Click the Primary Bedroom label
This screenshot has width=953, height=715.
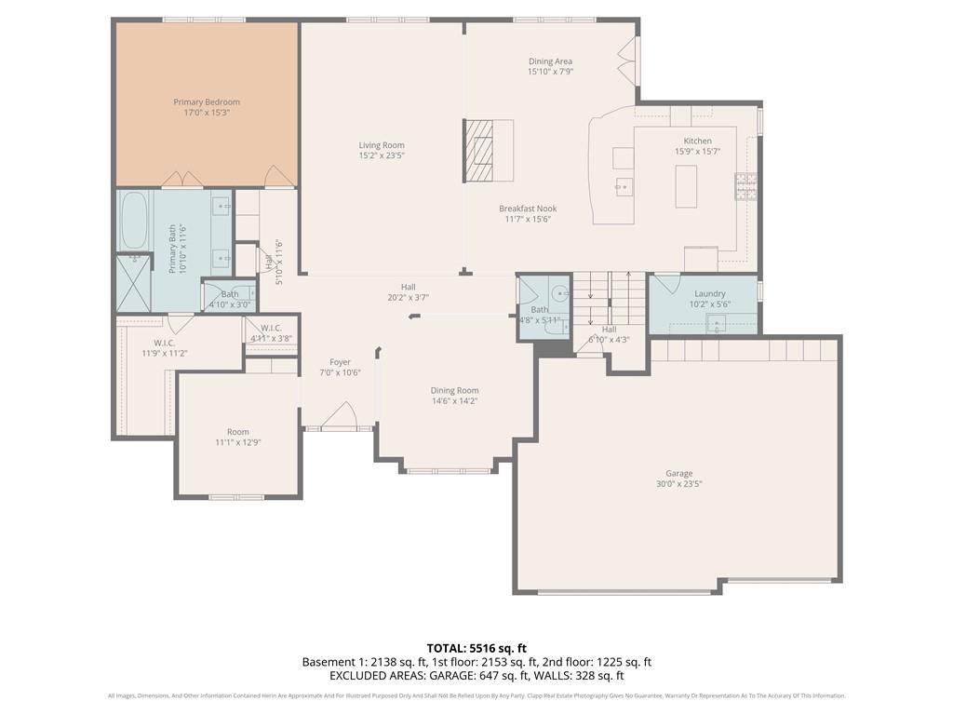[x=207, y=102]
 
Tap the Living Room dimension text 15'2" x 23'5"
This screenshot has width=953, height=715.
[x=382, y=155]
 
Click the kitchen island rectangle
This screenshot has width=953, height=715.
[x=686, y=186]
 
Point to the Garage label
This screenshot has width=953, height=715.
[x=678, y=474]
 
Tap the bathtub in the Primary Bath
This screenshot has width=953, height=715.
[x=134, y=221]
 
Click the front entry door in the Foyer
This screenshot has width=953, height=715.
[x=341, y=416]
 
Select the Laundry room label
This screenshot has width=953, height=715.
[x=709, y=294]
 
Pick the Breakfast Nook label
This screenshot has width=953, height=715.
[x=526, y=209]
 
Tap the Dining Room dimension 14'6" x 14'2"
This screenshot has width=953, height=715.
[x=454, y=401]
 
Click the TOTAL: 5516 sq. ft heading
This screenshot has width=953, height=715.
[x=476, y=648]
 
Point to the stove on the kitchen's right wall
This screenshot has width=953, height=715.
[x=745, y=186]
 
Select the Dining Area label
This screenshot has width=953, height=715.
[x=550, y=61]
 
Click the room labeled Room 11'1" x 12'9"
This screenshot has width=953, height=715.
[x=238, y=437]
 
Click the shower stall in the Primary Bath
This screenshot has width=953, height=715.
[x=133, y=281]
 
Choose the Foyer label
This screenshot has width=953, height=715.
[x=340, y=362]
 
